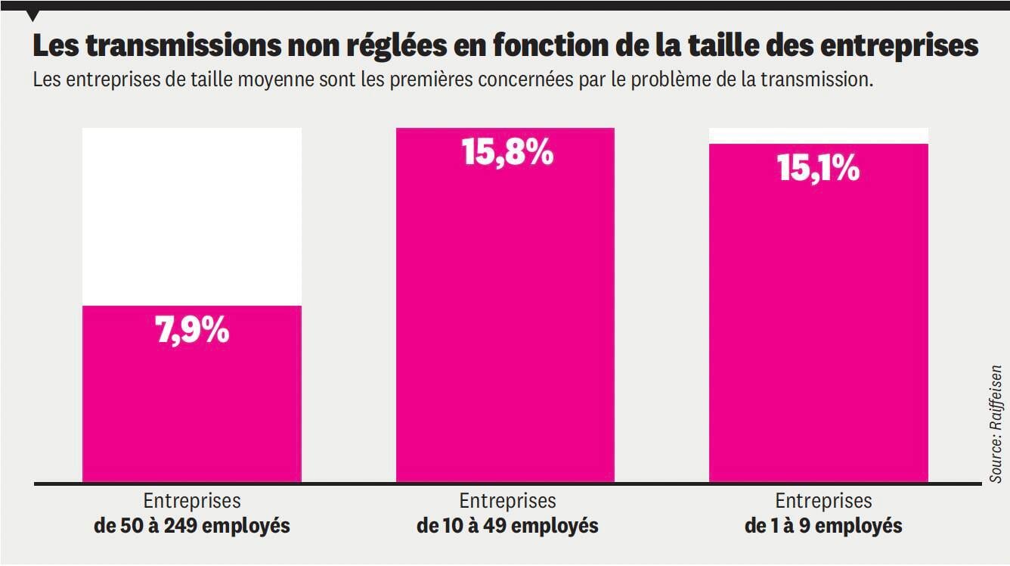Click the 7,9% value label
(192, 331)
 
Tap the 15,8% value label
(507, 152)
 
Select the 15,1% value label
(818, 168)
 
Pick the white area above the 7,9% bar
(192, 216)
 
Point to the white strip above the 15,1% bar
(818, 135)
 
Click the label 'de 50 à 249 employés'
(192, 526)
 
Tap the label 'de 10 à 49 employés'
(507, 526)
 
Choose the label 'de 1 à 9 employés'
(823, 526)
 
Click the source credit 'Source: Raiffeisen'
(996, 424)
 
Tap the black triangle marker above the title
(33, 16)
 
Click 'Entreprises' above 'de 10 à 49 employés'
(507, 501)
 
